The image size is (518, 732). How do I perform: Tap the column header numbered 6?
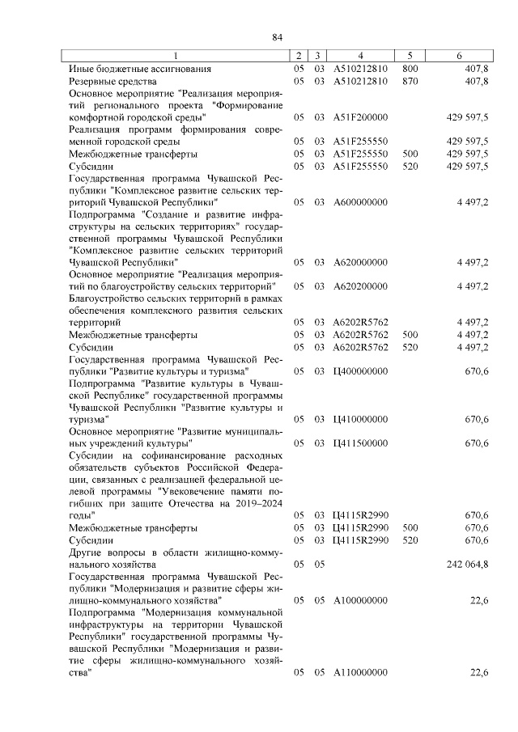click(459, 56)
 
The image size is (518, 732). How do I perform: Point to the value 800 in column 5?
click(410, 70)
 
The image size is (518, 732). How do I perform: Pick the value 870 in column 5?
click(410, 82)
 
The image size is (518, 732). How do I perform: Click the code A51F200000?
click(360, 117)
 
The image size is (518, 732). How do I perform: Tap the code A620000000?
click(360, 262)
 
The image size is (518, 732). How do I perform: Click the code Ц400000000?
click(360, 370)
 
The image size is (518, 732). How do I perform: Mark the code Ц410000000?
click(360, 419)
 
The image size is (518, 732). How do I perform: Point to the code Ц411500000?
click(360, 443)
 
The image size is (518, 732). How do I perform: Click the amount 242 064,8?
click(467, 564)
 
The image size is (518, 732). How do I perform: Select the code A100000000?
click(360, 600)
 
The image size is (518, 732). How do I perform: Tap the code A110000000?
click(360, 673)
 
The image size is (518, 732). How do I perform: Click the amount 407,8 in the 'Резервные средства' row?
click(473, 82)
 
